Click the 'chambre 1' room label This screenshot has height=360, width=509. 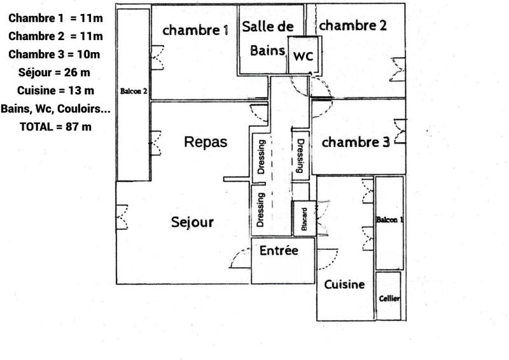(195, 29)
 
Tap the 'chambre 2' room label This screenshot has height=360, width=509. (352, 25)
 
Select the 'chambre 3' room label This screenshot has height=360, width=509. (355, 142)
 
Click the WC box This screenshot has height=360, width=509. (303, 55)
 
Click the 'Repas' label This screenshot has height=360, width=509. (205, 142)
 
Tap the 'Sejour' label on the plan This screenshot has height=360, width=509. (192, 223)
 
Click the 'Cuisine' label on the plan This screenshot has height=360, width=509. (344, 284)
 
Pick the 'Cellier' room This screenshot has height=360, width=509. (389, 298)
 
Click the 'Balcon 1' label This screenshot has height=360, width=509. (389, 220)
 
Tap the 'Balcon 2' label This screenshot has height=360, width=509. (134, 92)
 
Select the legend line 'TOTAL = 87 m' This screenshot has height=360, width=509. (55, 127)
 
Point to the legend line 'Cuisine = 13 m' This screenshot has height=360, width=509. (55, 90)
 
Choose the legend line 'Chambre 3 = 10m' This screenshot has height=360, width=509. (55, 53)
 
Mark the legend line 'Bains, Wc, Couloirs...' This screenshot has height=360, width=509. (55, 109)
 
